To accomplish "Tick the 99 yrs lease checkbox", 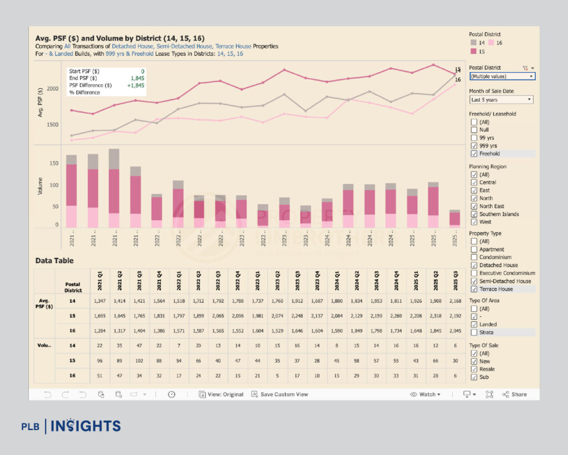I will click(x=473, y=138).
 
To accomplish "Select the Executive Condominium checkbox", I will click(x=473, y=273).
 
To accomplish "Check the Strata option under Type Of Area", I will click(x=473, y=332).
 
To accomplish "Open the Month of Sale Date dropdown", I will click(x=501, y=100).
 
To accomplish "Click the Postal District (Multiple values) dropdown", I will click(x=502, y=77).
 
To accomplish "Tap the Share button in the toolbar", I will click(x=515, y=395).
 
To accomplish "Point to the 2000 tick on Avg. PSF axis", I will click(x=51, y=89).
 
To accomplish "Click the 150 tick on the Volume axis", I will click(x=54, y=164).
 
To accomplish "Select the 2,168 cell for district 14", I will click(x=454, y=301).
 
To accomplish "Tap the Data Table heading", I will click(x=54, y=260).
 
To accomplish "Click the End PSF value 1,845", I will click(x=138, y=78).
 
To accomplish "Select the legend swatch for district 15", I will click(x=473, y=51).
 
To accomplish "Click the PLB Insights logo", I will click(x=71, y=426).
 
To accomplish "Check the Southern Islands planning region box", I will click(x=473, y=214).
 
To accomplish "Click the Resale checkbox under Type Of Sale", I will click(x=473, y=369).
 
